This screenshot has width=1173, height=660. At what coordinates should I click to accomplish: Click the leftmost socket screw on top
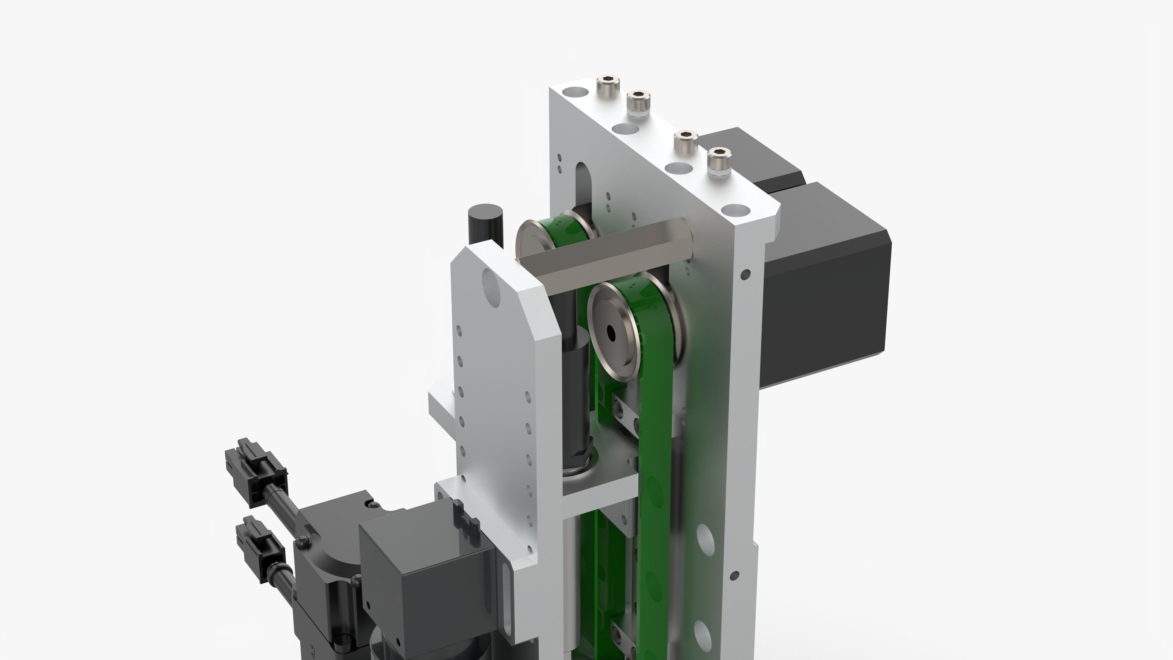click(x=608, y=84)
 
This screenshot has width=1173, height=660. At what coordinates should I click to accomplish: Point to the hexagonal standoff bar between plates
click(x=606, y=248)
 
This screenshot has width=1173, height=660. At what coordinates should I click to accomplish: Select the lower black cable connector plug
click(x=260, y=549)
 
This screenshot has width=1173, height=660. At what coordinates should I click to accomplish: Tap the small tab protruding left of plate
click(x=442, y=401)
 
